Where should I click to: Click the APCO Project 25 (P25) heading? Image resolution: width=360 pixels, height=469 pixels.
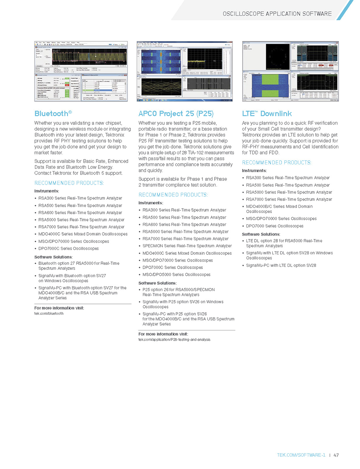pyautogui.click(x=176, y=114)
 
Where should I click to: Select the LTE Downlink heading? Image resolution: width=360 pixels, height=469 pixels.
pyautogui.click(x=267, y=114)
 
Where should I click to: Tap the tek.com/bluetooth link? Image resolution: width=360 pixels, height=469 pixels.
pyautogui.click(x=49, y=314)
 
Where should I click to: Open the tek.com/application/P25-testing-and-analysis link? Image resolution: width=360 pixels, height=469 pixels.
pyautogui.click(x=174, y=340)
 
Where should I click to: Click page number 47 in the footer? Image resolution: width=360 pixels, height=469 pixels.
pyautogui.click(x=336, y=455)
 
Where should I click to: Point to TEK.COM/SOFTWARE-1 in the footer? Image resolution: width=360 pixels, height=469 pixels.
pyautogui.click(x=301, y=455)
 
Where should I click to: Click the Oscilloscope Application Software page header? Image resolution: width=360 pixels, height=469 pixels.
pyautogui.click(x=277, y=14)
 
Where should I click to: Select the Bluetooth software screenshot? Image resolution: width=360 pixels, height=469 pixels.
pyautogui.click(x=81, y=71)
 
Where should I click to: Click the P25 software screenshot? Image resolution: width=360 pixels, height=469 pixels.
pyautogui.click(x=184, y=71)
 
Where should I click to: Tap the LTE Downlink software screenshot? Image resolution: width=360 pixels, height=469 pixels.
pyautogui.click(x=290, y=71)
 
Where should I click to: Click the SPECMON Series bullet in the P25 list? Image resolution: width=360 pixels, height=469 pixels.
pyautogui.click(x=187, y=246)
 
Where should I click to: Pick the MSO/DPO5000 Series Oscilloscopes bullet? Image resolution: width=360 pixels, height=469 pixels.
pyautogui.click(x=176, y=275)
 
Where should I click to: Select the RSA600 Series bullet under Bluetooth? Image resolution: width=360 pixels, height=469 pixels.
pyautogui.click(x=80, y=213)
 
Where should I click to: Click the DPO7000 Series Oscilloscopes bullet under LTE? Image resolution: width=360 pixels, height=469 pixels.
pyautogui.click(x=274, y=226)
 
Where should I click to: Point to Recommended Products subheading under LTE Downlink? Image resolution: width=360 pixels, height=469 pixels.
pyautogui.click(x=276, y=162)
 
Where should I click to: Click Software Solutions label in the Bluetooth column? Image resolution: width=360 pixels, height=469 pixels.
pyautogui.click(x=53, y=257)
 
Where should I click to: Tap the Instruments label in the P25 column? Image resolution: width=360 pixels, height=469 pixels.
pyautogui.click(x=151, y=203)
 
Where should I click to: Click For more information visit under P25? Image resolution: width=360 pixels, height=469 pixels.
pyautogui.click(x=163, y=334)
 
